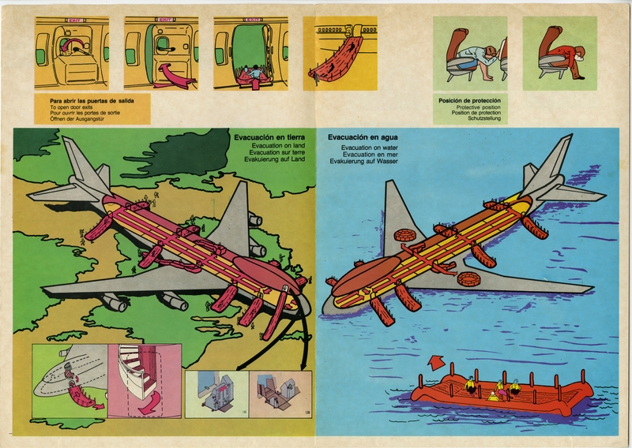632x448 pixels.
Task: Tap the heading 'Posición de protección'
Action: [x=469, y=100]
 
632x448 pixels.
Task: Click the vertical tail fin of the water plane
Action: [x=553, y=162]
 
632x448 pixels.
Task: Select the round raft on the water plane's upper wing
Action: [x=404, y=235]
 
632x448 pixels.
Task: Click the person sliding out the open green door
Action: [x=254, y=73]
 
